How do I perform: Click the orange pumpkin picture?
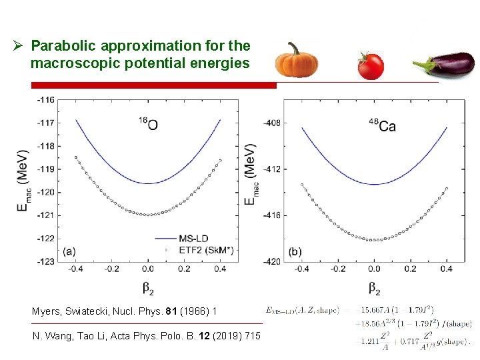coord(296,61)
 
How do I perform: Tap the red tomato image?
coord(370,65)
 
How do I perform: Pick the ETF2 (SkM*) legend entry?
coord(205,250)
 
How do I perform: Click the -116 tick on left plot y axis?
coord(46,99)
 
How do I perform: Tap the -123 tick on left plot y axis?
coord(46,261)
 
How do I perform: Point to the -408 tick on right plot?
coord(271,123)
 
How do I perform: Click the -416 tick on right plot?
coord(271,215)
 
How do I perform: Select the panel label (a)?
coord(69,251)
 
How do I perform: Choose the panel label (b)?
coord(295,252)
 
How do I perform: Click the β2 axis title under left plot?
coord(148,288)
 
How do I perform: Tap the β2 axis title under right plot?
coord(374,288)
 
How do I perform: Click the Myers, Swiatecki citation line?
coord(124,311)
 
